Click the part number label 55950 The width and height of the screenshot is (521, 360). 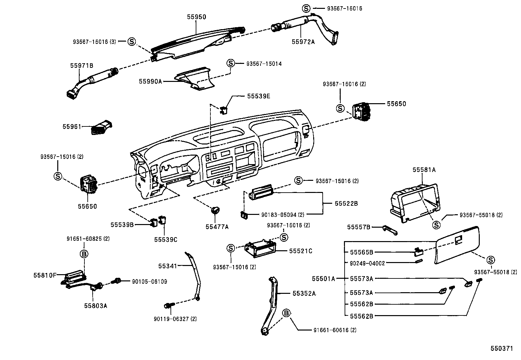pyautogui.click(x=196, y=17)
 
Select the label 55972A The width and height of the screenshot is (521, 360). pyautogui.click(x=303, y=42)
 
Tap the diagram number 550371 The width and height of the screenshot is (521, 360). pyautogui.click(x=501, y=349)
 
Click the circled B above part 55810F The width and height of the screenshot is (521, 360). pyautogui.click(x=84, y=254)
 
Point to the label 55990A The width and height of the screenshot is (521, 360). pyautogui.click(x=151, y=81)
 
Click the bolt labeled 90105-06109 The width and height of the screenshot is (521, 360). pyautogui.click(x=116, y=281)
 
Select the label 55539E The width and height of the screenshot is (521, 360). pyautogui.click(x=259, y=96)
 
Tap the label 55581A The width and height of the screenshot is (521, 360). pyautogui.click(x=424, y=170)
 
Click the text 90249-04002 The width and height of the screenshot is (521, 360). pyautogui.click(x=368, y=263)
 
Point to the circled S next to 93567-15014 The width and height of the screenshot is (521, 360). pyautogui.click(x=231, y=63)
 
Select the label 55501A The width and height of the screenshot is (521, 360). pyautogui.click(x=323, y=279)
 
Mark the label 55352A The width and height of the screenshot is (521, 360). pyautogui.click(x=304, y=294)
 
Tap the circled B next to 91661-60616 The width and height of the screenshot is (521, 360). pyautogui.click(x=286, y=313)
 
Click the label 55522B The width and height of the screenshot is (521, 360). pyautogui.click(x=346, y=203)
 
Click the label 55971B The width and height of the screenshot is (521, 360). pyautogui.click(x=81, y=66)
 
